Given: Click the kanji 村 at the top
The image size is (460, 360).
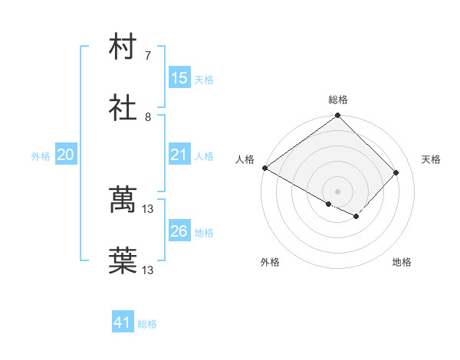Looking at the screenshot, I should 123,47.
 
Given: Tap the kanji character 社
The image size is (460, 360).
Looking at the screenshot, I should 123,109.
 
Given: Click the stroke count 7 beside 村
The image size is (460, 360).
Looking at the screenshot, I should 148,55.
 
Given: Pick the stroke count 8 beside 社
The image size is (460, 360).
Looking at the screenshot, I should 148,116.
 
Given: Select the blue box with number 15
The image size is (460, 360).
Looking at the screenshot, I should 179,78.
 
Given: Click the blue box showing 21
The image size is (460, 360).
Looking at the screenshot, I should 179,155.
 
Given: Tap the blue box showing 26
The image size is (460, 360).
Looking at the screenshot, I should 179,231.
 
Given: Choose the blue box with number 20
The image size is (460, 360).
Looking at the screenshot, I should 65,155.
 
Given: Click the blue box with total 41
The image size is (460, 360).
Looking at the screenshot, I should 123,323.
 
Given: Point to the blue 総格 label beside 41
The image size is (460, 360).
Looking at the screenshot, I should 147,324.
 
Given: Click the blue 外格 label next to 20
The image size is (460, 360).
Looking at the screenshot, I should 41,155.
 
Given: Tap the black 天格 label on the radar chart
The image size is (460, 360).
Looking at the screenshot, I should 431,159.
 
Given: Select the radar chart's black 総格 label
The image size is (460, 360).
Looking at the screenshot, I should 338,100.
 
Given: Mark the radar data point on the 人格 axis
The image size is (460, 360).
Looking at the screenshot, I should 264,168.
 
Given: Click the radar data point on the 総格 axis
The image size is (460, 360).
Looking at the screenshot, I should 338,116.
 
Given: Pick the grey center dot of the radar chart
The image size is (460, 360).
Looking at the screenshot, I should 338,191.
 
